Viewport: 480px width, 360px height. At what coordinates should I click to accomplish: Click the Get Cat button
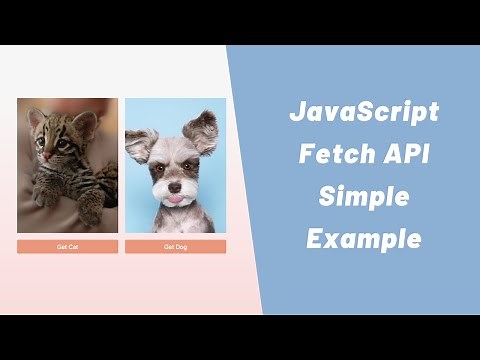coord(68,246)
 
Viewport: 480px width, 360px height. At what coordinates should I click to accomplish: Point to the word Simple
coord(363,197)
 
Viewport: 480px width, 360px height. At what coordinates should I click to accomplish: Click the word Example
coord(363,240)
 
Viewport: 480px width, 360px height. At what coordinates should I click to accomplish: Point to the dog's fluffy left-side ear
coord(139,146)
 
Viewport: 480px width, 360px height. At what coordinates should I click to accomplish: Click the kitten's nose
coord(47,156)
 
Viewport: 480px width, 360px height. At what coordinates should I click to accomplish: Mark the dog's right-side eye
coord(187,169)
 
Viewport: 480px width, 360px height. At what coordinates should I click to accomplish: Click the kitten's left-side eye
coord(41,142)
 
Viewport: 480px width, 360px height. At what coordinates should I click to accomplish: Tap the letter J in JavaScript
coord(298,112)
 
